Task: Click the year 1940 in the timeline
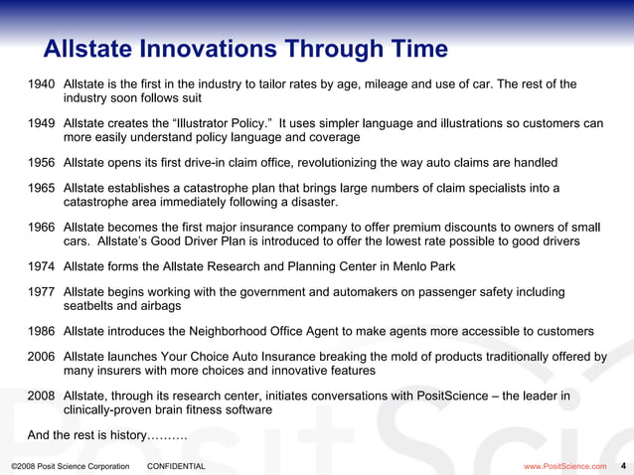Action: (42, 83)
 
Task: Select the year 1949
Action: (42, 123)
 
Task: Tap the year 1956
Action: (42, 163)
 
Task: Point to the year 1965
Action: (42, 189)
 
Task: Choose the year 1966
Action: (42, 228)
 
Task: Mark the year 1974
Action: (42, 266)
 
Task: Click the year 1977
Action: (42, 292)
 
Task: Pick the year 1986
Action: (42, 331)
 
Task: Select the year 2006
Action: (42, 357)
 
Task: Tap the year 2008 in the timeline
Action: (42, 396)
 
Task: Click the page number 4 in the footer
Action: (623, 465)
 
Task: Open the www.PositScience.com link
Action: (564, 466)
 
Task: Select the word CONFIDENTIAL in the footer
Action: (176, 466)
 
